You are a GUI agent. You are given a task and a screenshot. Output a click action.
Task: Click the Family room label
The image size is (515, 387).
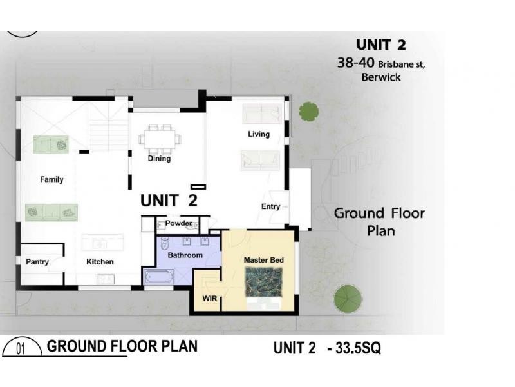51,179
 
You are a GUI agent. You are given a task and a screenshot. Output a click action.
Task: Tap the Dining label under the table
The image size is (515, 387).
159,159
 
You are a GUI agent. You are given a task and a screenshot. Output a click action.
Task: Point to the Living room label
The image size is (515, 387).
259,134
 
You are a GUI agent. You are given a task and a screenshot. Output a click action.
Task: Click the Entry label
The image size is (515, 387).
270,207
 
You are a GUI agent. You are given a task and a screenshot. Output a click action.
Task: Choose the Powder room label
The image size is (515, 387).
178,224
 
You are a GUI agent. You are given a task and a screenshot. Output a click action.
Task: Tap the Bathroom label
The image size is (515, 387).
185,255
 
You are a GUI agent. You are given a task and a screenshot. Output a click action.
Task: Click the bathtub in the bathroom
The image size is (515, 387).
158,278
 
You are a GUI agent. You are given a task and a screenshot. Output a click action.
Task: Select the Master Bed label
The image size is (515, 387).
264,260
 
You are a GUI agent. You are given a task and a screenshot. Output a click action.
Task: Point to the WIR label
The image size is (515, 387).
209,299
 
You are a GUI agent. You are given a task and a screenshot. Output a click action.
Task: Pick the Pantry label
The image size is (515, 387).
37,262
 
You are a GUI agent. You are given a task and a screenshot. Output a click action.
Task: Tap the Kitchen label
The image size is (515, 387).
100,262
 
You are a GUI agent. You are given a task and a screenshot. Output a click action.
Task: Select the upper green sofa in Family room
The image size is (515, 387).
51,144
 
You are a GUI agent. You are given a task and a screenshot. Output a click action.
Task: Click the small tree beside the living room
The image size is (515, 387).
308,111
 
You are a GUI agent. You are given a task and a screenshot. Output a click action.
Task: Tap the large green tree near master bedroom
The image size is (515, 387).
347,299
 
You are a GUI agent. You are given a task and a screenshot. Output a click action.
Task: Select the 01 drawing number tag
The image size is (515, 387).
20,349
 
